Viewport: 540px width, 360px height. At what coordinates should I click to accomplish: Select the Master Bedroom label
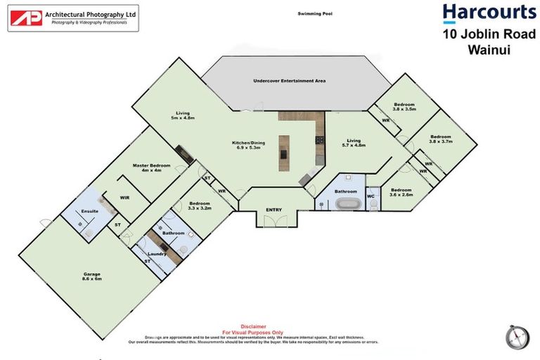(x=152, y=167)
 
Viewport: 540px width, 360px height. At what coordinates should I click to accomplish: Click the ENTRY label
(x=274, y=210)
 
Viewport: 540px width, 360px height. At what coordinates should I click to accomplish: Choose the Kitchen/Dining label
(x=247, y=145)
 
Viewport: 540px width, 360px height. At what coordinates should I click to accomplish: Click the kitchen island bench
(x=285, y=155)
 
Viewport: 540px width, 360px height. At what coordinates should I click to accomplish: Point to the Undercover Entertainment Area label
(x=289, y=82)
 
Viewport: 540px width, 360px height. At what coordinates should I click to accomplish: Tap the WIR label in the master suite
(x=124, y=198)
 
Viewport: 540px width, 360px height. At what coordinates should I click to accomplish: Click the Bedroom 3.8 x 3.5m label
(x=404, y=107)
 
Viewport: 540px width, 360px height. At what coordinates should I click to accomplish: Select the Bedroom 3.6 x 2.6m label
(x=400, y=192)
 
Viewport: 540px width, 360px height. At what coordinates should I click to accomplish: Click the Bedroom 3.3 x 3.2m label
(x=200, y=206)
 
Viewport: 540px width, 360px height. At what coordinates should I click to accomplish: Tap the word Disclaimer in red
(x=253, y=326)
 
